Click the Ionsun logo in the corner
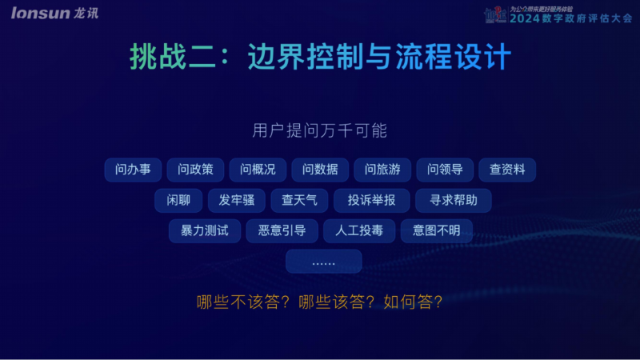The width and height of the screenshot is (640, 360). [x=54, y=13]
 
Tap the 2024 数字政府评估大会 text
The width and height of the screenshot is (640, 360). [x=570, y=18]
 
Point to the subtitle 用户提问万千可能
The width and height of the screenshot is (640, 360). [x=319, y=130]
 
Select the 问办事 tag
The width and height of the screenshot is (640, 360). [x=133, y=170]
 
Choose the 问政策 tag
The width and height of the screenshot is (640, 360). [x=195, y=170]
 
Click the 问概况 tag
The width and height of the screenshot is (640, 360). [x=258, y=170]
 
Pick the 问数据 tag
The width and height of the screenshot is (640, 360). [x=320, y=170]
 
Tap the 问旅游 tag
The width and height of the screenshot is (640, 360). [x=382, y=170]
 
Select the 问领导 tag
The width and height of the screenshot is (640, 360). [x=445, y=170]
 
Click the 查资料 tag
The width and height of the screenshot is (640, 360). [x=507, y=170]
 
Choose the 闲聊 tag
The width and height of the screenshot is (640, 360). [x=178, y=201]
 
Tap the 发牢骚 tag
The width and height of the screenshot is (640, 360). [x=237, y=201]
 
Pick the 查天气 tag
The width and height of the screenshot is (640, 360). [x=299, y=201]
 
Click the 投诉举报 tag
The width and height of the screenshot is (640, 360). [x=371, y=201]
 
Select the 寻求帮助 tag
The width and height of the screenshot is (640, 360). [x=454, y=201]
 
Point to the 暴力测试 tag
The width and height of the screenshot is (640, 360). [x=205, y=230]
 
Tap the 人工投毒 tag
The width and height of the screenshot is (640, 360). [x=359, y=230]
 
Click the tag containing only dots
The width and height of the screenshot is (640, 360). [x=324, y=262]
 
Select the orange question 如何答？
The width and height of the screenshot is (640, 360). [x=413, y=302]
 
